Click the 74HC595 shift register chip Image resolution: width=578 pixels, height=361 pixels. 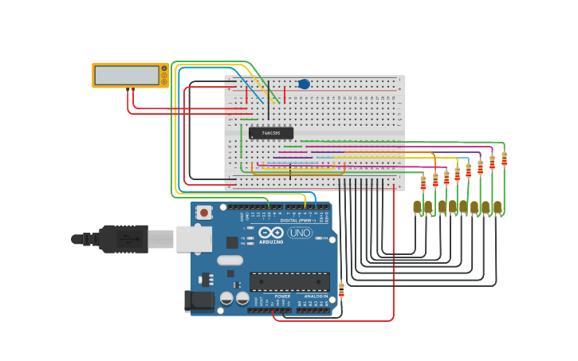point(271,133)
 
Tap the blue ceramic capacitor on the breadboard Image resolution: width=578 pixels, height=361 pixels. point(304,84)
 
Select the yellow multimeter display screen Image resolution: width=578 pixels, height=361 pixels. point(127,75)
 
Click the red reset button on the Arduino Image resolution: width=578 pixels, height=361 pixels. point(204,212)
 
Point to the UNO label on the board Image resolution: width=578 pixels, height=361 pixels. point(300,233)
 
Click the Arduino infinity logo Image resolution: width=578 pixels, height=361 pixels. point(271,232)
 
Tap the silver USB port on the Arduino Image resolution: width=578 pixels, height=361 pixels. point(194,238)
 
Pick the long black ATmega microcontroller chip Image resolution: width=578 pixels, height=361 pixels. point(289,281)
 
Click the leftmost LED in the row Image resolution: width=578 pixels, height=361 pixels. point(417,206)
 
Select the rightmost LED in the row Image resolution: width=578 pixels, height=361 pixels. point(497,206)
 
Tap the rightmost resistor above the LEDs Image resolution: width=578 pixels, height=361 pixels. point(504,159)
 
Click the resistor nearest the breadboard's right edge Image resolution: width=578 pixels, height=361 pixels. point(423,182)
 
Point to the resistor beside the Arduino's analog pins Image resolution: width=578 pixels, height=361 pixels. point(341,290)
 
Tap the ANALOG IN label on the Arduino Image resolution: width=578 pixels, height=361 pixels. point(314,296)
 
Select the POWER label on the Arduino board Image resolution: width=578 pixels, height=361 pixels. point(282,296)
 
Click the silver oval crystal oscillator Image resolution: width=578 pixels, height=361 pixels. point(230,260)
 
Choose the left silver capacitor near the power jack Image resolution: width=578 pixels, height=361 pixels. point(227,298)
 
